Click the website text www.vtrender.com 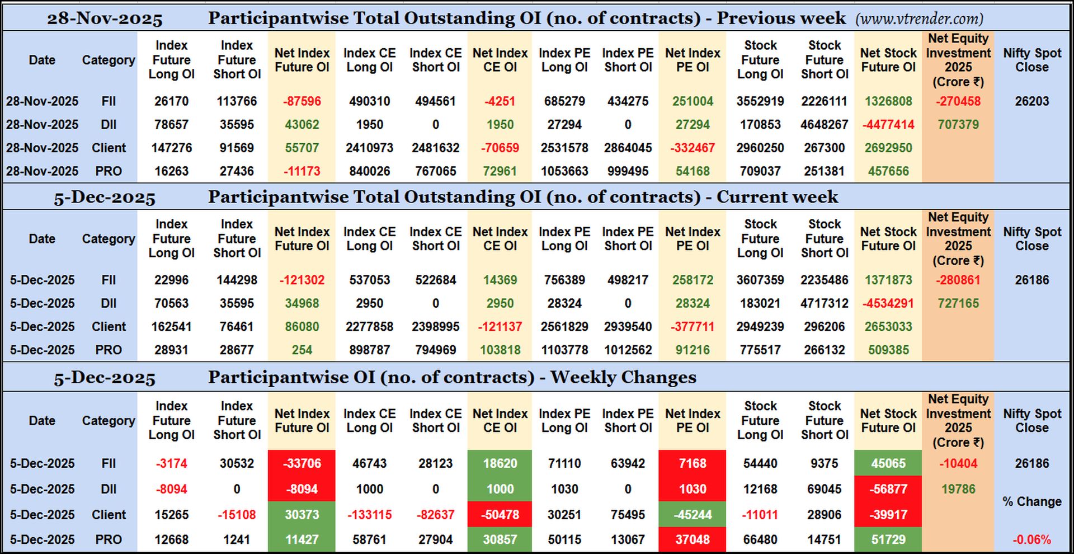(919, 18)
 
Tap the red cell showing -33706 (302, 463)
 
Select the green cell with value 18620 (500, 463)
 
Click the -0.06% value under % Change (1031, 540)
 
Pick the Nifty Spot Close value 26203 (1031, 101)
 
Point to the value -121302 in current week (302, 280)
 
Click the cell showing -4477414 (888, 124)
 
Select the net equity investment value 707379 (958, 124)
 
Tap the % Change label (1031, 501)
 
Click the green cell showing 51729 (888, 540)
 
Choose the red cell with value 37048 (693, 540)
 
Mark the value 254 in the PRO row (302, 350)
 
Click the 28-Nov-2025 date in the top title (105, 18)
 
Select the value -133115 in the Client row (369, 514)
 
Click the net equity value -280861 (958, 280)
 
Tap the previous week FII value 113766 (237, 101)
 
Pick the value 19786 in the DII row (958, 489)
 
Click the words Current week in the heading (777, 197)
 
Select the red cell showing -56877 (888, 489)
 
